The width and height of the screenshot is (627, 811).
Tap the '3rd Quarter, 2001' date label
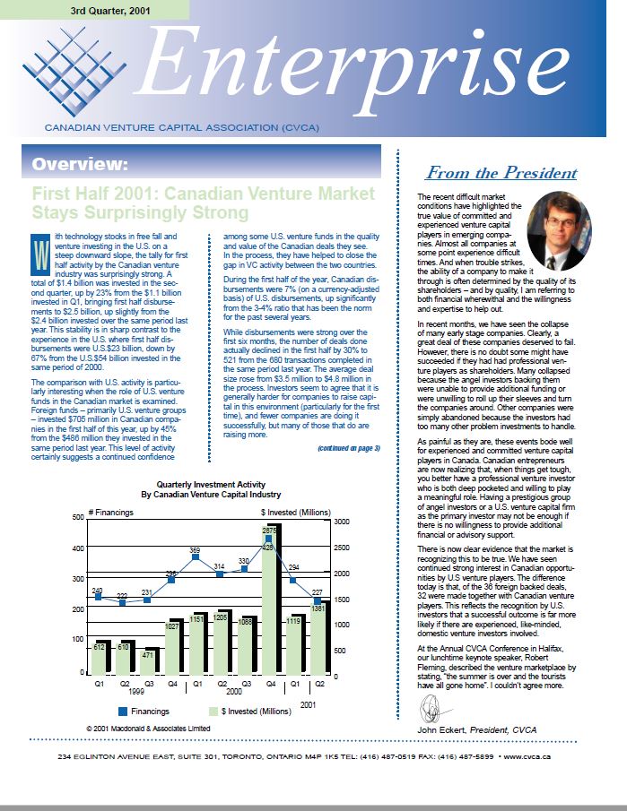(111, 10)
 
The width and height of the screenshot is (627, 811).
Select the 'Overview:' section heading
(80, 164)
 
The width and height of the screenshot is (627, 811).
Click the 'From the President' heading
(501, 173)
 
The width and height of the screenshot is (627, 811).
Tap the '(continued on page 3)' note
(348, 447)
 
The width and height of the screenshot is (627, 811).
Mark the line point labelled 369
(195, 557)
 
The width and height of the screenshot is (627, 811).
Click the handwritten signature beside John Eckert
(431, 713)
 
